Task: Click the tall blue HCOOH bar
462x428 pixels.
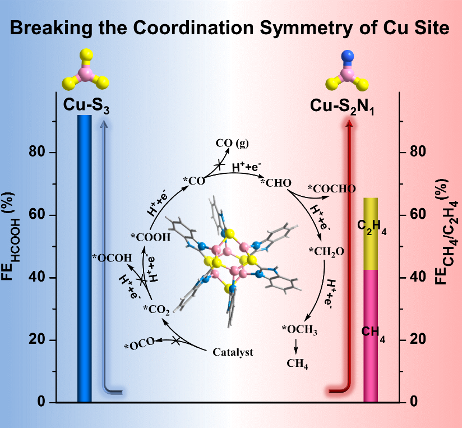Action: (x=84, y=258)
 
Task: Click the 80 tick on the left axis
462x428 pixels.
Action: (x=43, y=153)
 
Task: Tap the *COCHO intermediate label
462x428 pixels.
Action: (x=331, y=188)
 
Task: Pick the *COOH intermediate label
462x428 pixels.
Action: (x=150, y=237)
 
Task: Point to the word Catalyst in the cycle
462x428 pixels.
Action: (x=233, y=352)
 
